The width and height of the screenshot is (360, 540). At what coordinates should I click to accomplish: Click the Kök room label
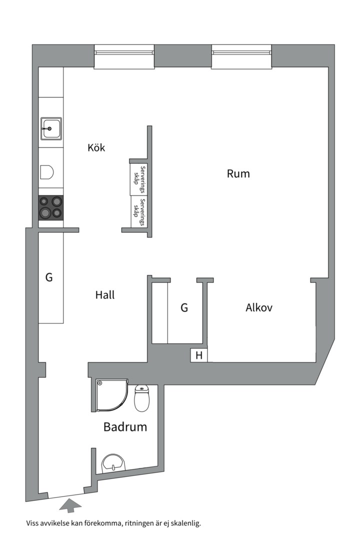(x=96, y=148)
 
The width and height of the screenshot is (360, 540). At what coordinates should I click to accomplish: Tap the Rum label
(x=238, y=174)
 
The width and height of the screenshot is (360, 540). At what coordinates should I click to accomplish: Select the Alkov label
(x=258, y=307)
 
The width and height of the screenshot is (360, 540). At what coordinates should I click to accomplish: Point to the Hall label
(x=105, y=295)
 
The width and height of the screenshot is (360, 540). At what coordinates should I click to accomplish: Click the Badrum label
(x=125, y=427)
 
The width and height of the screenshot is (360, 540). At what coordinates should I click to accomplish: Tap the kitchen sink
(x=51, y=128)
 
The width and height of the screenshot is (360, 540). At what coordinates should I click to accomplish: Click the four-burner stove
(x=51, y=207)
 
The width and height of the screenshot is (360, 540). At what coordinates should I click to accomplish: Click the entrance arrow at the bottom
(x=70, y=506)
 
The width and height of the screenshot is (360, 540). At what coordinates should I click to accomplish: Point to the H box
(x=198, y=355)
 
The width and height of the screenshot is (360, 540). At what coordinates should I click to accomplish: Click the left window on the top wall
(x=124, y=56)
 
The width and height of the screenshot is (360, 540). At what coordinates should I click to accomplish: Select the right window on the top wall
(x=241, y=56)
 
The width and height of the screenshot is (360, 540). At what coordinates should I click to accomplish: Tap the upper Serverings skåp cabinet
(x=138, y=179)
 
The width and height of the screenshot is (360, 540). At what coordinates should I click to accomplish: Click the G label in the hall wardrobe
(x=49, y=277)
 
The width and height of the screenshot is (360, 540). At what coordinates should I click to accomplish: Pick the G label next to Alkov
(x=184, y=308)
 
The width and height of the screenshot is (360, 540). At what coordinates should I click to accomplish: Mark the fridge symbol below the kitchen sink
(x=47, y=171)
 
